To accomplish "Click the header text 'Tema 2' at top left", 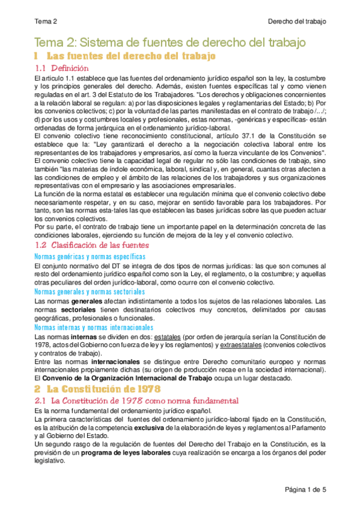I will [46, 21].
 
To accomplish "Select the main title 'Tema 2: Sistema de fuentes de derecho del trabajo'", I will [170, 43].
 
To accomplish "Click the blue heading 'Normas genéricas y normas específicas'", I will [90, 257].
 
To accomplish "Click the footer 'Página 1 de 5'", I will [305, 490].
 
